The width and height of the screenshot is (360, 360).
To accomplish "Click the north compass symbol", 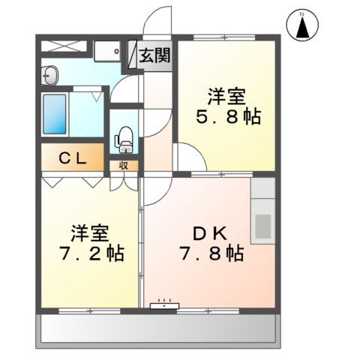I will click(302, 26).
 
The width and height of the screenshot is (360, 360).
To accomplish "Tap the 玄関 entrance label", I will click(154, 55).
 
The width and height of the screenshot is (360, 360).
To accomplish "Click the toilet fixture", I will click(124, 139).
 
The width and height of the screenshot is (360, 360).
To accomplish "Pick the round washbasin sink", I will click(51, 75).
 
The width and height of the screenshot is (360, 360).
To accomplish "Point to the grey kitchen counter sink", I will click(262, 224).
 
